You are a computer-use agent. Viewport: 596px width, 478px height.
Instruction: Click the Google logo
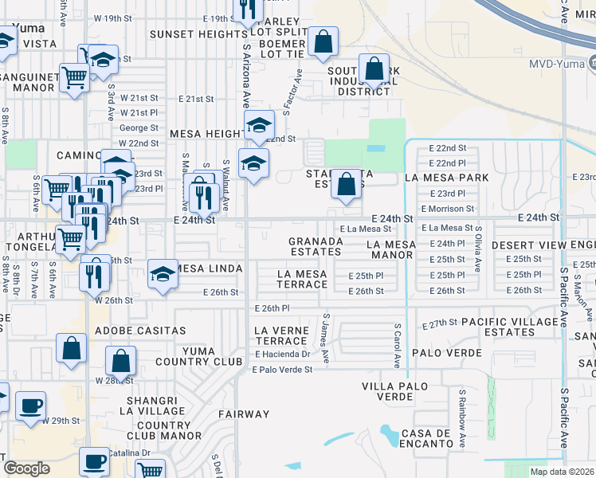tap(27, 468)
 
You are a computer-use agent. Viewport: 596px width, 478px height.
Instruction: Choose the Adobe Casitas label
tap(140, 330)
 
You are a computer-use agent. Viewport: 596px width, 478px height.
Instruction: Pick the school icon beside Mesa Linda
tap(163, 275)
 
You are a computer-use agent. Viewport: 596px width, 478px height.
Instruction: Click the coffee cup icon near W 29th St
tap(31, 405)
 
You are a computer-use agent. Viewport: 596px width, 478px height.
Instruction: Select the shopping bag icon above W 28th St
tap(120, 362)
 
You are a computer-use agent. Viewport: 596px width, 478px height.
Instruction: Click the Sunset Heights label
tap(196, 34)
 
